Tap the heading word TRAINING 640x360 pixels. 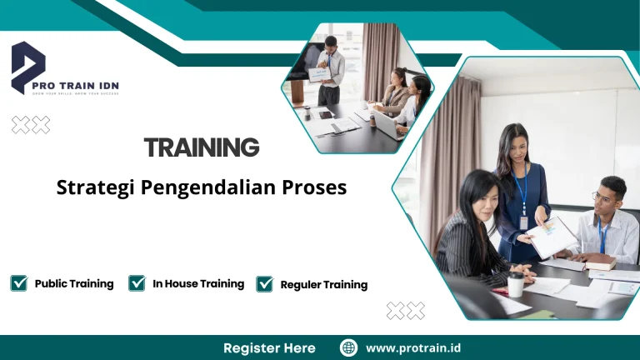coord(202,147)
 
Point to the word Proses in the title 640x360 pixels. coord(316,187)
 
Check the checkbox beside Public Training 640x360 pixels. coord(18,283)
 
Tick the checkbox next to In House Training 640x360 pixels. coord(137,283)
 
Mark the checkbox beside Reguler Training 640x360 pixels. coord(264,284)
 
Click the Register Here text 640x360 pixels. coord(269,347)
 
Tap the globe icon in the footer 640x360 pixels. coord(348,347)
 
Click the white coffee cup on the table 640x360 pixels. coord(516,282)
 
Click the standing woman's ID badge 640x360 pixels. coord(523,222)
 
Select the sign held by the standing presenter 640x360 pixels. coord(320,74)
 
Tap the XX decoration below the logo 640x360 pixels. coord(31,125)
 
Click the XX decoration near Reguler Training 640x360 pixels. coord(406,311)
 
